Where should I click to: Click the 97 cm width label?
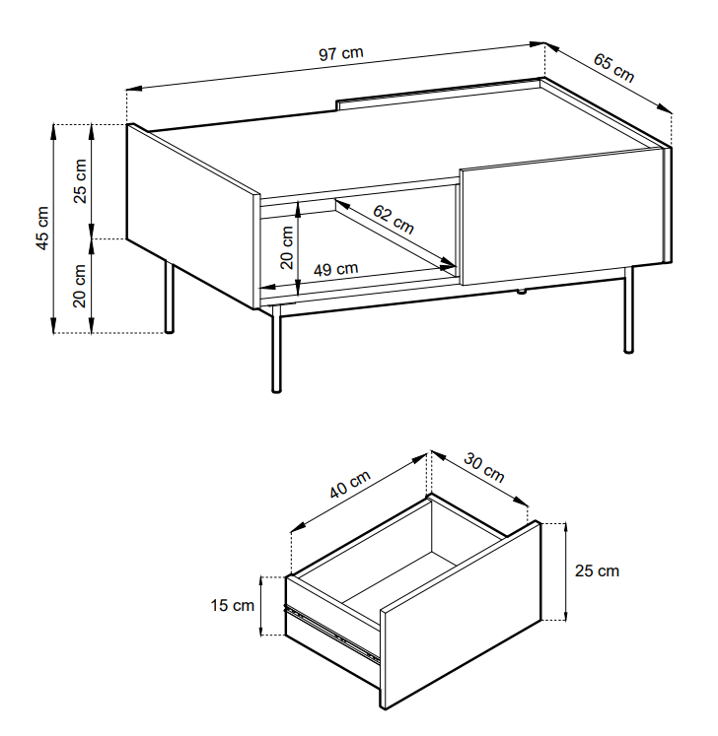coord(341,53)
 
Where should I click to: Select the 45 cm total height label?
coord(41,229)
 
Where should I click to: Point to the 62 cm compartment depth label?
coord(394,219)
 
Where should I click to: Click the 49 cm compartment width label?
coord(336,269)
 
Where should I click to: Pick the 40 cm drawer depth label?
coord(350,484)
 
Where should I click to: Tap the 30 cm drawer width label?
coord(483,467)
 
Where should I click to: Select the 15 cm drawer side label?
coord(232,606)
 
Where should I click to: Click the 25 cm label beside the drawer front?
coord(597,570)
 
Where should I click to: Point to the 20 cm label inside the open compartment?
coord(286,247)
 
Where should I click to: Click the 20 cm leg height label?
coord(80,286)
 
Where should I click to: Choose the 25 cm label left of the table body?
coord(80,181)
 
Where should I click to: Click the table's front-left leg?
coord(277,349)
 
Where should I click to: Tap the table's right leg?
coord(628,309)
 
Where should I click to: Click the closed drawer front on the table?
coord(565,217)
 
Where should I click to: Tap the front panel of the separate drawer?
coord(461,616)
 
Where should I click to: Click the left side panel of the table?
coord(193,216)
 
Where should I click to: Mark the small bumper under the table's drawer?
coord(521,292)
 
